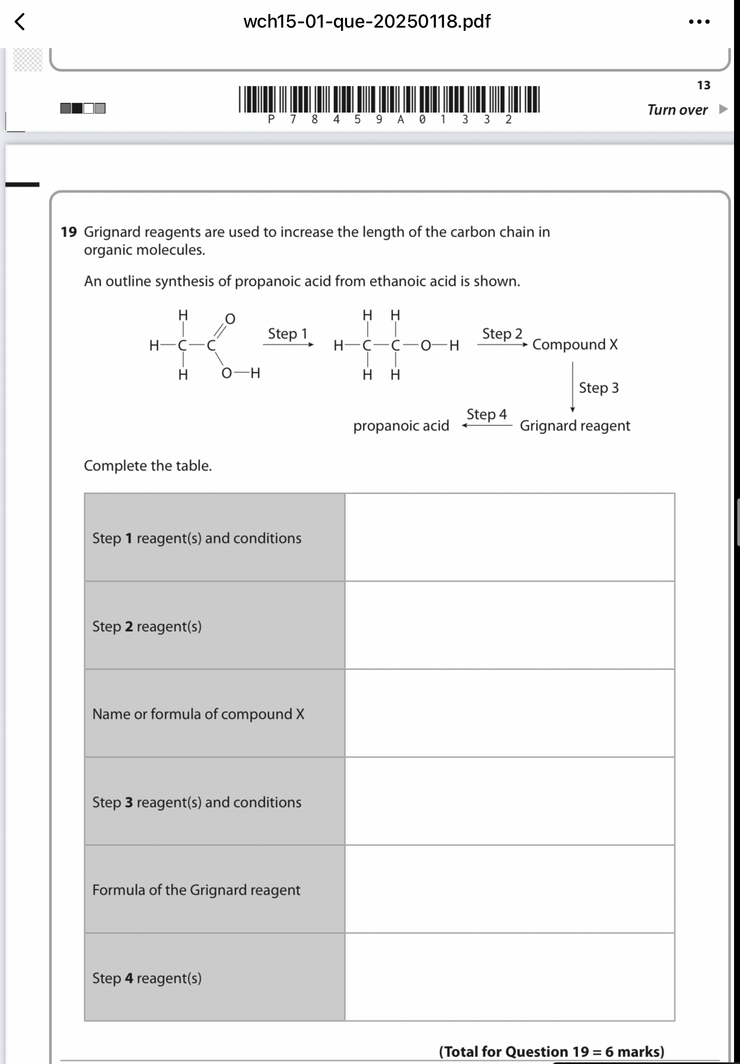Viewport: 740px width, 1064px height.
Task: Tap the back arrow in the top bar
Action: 19,22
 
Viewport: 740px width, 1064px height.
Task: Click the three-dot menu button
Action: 699,22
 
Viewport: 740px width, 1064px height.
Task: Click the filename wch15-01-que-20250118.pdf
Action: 366,22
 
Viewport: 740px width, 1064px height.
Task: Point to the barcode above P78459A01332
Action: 389,99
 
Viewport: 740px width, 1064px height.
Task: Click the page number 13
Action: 703,86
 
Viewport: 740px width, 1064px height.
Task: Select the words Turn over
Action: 677,110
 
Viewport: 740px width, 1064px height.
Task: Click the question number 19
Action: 69,232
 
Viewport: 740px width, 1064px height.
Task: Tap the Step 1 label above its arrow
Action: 287,333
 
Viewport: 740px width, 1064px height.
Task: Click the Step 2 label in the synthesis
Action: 502,333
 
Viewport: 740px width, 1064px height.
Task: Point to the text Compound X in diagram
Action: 575,345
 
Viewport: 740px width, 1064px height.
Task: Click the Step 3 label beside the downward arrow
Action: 599,387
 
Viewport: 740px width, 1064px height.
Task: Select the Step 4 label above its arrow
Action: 486,414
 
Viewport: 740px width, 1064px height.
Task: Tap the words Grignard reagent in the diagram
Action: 575,426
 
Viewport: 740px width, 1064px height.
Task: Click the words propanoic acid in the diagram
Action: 401,426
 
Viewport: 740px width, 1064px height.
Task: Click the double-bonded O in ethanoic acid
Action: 230,319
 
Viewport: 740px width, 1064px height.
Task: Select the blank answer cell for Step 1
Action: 509,537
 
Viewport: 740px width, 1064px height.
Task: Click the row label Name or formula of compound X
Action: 198,714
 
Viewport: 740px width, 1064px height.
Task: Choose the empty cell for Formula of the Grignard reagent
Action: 509,889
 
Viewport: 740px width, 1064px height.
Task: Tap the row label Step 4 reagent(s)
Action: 147,978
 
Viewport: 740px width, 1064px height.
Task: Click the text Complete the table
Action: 148,465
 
